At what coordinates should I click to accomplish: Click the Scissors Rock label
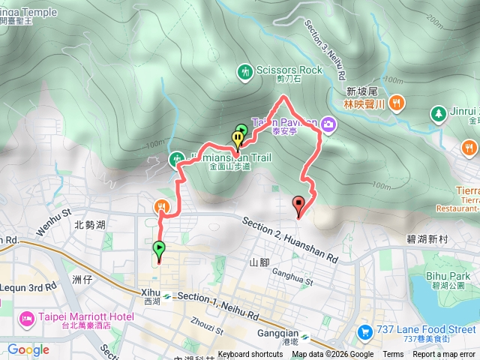point(289,70)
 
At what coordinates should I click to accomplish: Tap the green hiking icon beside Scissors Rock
point(244,71)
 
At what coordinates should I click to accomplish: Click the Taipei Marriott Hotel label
point(79,316)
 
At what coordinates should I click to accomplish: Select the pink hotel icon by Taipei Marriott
point(26,320)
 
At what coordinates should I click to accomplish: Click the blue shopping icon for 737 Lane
point(364,330)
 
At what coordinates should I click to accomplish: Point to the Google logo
point(28,349)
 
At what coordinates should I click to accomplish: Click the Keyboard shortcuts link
point(250,355)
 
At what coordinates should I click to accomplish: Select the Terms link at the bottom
point(393,355)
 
